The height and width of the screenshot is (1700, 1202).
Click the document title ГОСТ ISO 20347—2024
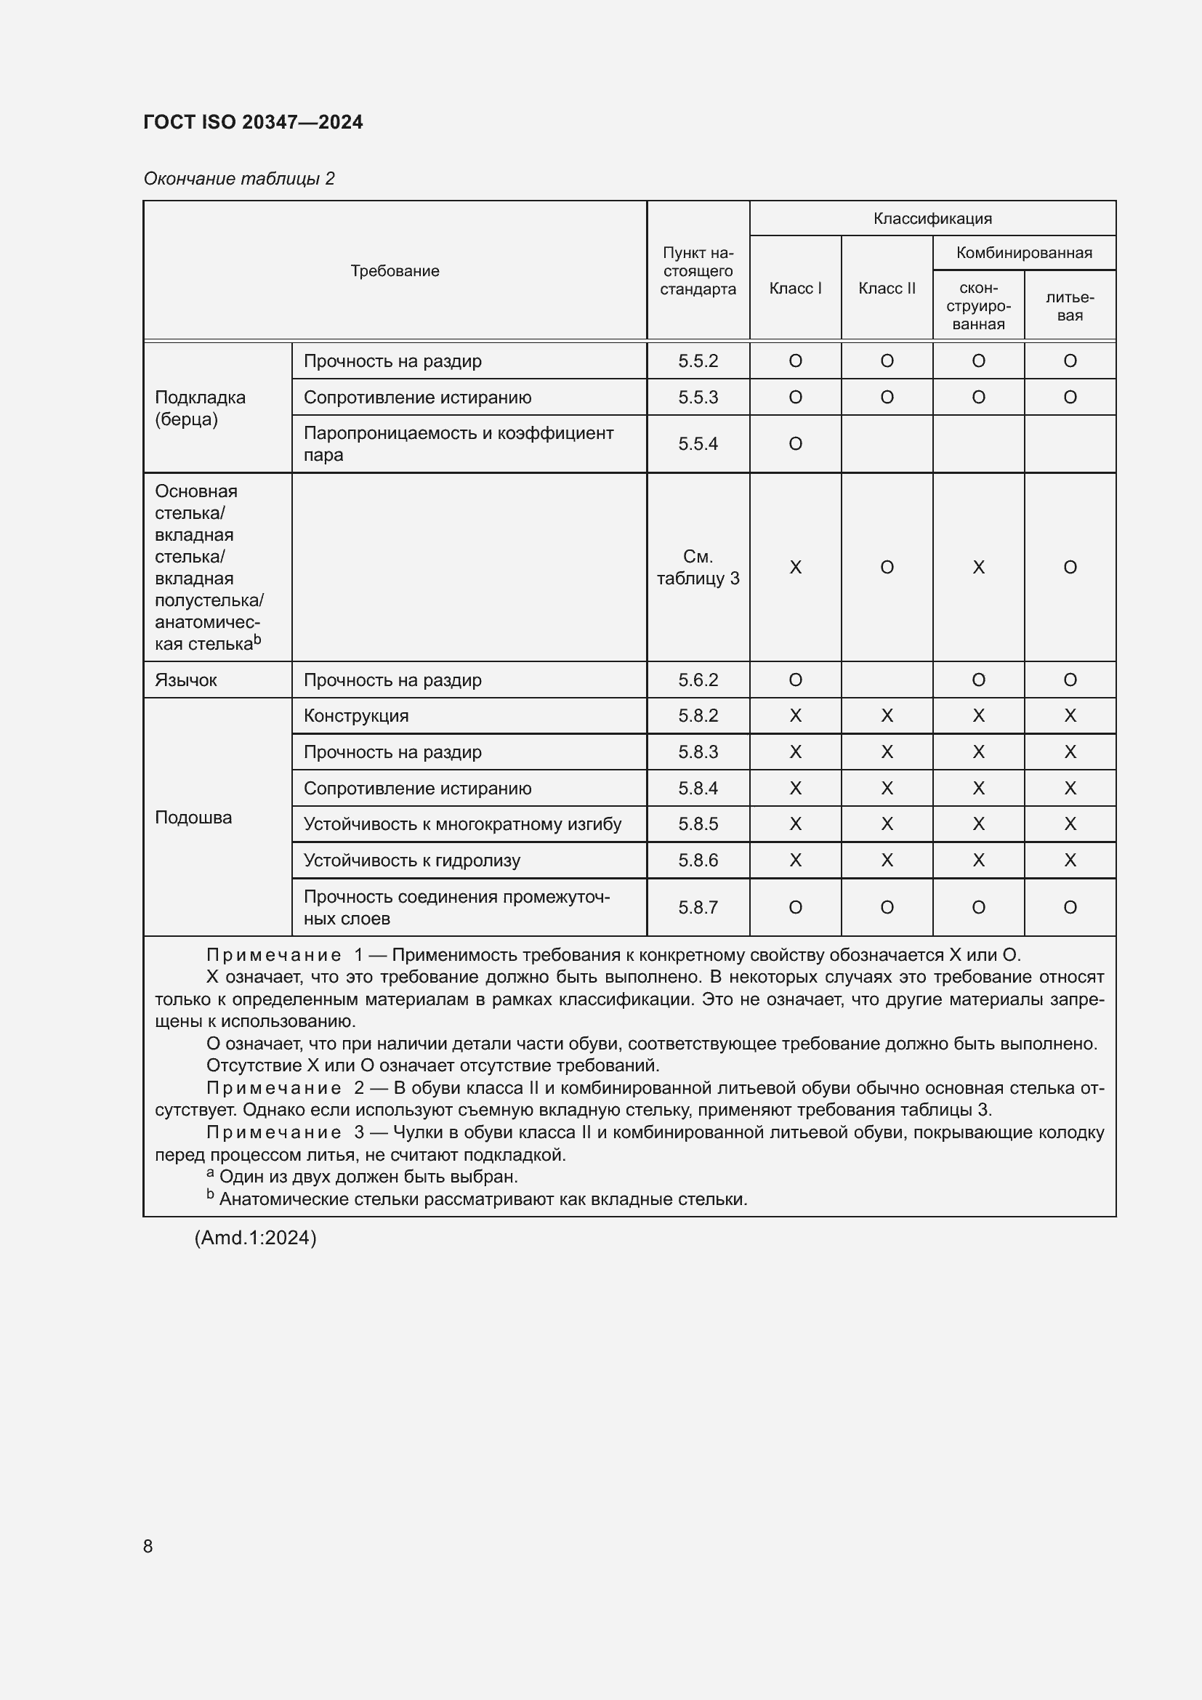[x=253, y=122]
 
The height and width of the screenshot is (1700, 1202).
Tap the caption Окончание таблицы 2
[x=239, y=179]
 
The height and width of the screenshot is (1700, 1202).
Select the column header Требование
[x=395, y=271]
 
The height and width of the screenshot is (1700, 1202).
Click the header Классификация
[x=932, y=219]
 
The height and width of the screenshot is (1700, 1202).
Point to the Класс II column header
[x=887, y=288]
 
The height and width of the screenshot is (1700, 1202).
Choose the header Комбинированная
[x=1024, y=252]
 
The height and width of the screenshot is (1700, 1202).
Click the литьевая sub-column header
[x=1070, y=306]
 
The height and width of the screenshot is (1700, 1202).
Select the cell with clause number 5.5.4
[x=697, y=443]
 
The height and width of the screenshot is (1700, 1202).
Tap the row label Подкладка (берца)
[x=200, y=408]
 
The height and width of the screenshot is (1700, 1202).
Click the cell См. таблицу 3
[x=697, y=567]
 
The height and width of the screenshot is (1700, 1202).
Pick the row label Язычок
[x=186, y=680]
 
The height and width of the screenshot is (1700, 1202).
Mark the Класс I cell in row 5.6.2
[x=795, y=680]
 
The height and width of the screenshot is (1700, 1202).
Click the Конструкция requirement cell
[x=356, y=716]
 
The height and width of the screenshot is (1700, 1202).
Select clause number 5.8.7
[x=697, y=907]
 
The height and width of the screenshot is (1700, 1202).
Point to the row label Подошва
[x=193, y=818]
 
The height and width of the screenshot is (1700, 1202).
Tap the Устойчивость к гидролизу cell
[x=411, y=861]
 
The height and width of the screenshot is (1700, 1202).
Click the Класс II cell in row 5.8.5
[x=887, y=824]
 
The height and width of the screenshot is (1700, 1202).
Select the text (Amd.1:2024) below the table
[x=255, y=1238]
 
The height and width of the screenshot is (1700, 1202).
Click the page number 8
[x=148, y=1546]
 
